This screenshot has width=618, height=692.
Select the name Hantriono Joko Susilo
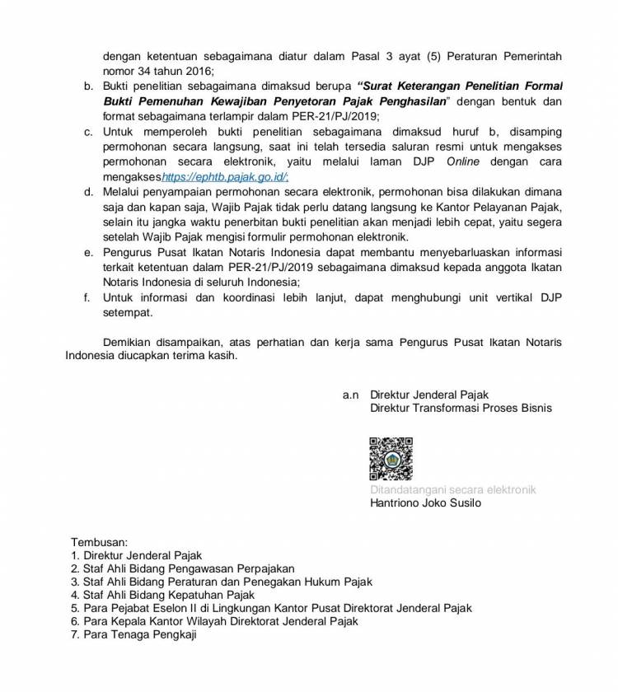(426, 503)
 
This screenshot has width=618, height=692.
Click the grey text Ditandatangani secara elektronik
(453, 489)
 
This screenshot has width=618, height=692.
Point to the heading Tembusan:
(99, 543)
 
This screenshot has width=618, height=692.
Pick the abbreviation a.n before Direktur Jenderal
(351, 395)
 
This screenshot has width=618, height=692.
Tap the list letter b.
(88, 86)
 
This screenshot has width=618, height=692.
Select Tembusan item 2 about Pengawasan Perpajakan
(182, 568)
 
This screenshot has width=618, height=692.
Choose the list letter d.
(88, 192)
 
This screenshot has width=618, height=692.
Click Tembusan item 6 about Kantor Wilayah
(215, 621)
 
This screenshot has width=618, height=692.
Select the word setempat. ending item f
(128, 313)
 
